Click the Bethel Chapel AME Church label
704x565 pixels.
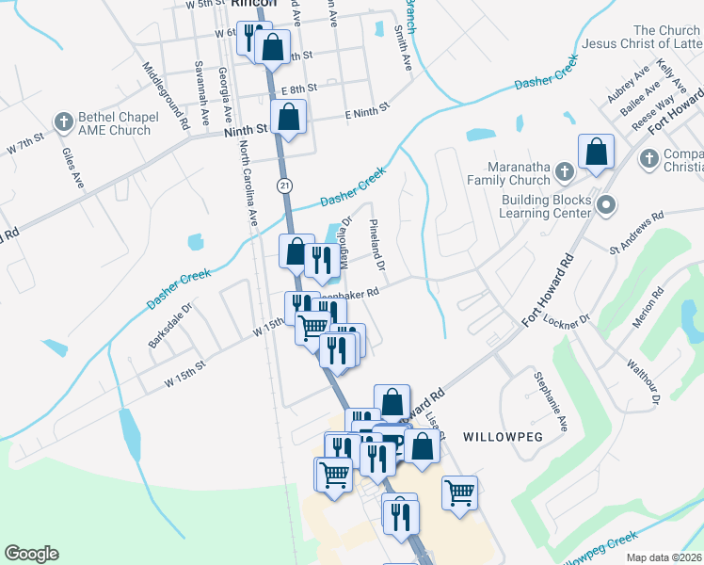[x=115, y=124]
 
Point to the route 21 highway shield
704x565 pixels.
[x=283, y=185]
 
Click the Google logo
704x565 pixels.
[x=31, y=554]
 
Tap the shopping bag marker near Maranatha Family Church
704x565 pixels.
[x=596, y=152]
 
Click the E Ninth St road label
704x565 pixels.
[x=367, y=113]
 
